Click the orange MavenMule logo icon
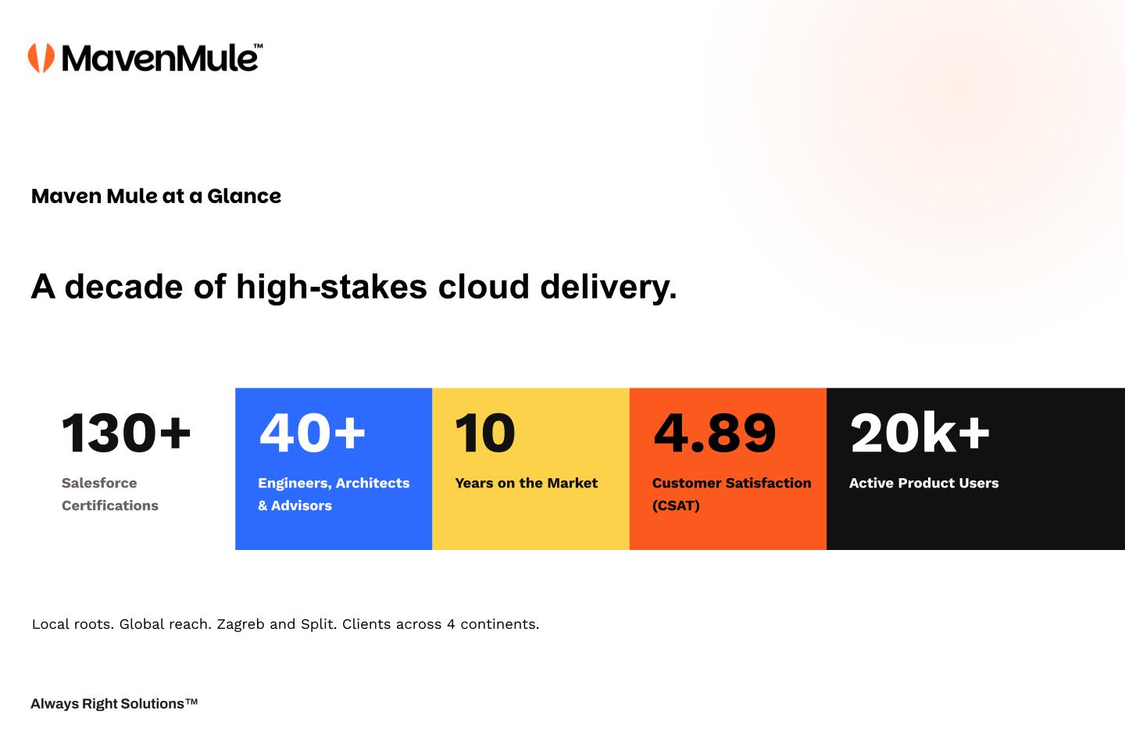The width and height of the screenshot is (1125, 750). pos(41,58)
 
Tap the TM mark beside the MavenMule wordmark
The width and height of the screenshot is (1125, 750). pos(258,46)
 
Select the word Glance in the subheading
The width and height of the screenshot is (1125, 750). pos(244,196)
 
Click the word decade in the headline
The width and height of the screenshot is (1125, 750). pos(123,287)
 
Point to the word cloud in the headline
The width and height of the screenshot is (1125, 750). pos(484,287)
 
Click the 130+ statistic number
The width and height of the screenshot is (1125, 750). pos(126,433)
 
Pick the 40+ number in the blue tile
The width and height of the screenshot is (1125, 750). pos(312,433)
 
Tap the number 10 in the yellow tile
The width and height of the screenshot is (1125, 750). pos(484,433)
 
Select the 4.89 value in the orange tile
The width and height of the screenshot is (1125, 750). pos(715,433)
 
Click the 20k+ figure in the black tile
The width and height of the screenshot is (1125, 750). pos(920,433)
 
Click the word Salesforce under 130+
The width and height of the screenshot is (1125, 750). pos(99,483)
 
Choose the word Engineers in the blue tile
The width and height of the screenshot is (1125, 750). pos(295,484)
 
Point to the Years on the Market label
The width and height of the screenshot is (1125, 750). pos(527,483)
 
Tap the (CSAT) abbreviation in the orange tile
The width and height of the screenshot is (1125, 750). pos(676,505)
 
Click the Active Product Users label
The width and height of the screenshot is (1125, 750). pos(924,483)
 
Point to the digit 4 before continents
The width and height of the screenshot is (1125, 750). pos(451,624)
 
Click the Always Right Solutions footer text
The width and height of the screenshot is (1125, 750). pos(114,704)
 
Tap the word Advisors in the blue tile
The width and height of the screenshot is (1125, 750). pos(302,505)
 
